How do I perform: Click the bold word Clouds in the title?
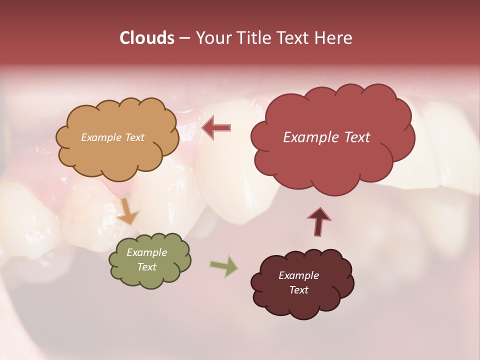coord(147,38)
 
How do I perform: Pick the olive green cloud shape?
coord(150,277)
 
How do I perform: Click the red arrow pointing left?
coord(216,127)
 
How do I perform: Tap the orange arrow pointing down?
coord(127,211)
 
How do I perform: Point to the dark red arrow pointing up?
coord(319,221)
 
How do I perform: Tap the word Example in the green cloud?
coord(146,252)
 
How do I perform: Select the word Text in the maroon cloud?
coord(298,290)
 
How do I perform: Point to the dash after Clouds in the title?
coord(184,38)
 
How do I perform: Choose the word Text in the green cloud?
coord(146,267)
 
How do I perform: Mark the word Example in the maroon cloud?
coord(298,275)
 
